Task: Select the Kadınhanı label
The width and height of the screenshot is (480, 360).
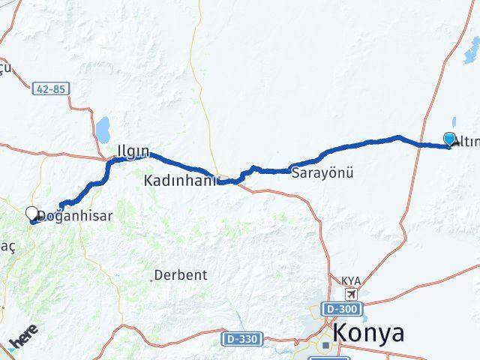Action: pyautogui.click(x=181, y=181)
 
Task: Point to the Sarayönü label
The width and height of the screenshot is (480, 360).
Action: pyautogui.click(x=322, y=173)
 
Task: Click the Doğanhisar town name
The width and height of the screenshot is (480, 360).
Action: pyautogui.click(x=75, y=215)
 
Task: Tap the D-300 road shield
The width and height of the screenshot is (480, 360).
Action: pyautogui.click(x=342, y=308)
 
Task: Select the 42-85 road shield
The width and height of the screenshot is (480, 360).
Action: pyautogui.click(x=51, y=88)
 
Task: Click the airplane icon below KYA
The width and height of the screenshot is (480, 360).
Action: pyautogui.click(x=352, y=293)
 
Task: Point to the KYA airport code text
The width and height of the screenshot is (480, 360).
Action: pyautogui.click(x=351, y=281)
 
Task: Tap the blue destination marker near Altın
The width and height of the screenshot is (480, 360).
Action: pyautogui.click(x=450, y=139)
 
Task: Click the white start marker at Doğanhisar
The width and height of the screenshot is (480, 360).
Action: pyautogui.click(x=32, y=214)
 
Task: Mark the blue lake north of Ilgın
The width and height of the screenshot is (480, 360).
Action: pyautogui.click(x=103, y=129)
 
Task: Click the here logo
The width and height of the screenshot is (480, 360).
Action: pyautogui.click(x=22, y=338)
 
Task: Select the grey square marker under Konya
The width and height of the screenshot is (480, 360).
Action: pyautogui.click(x=325, y=346)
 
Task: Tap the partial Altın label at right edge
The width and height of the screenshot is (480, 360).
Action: pyautogui.click(x=466, y=142)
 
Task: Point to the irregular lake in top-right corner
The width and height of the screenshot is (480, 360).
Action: pyautogui.click(x=472, y=51)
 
